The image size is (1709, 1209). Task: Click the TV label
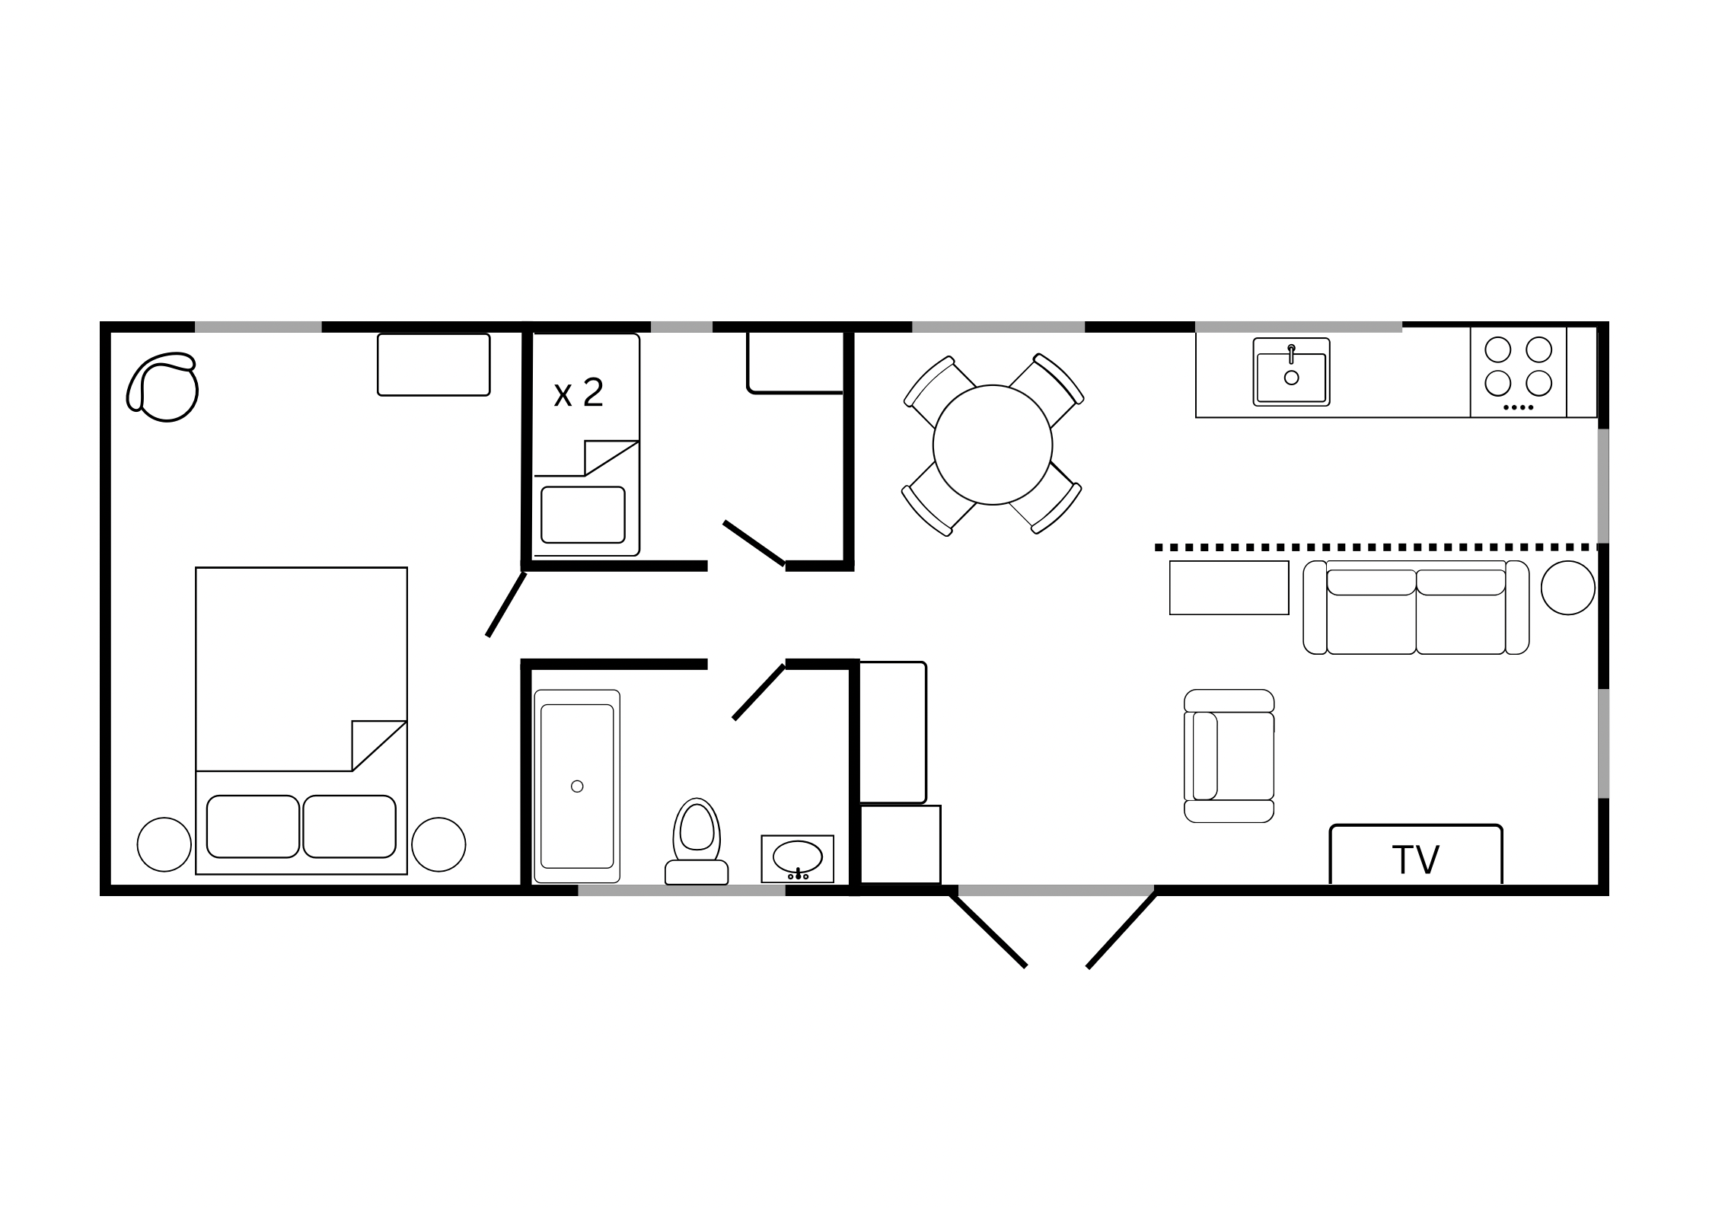pos(1415,860)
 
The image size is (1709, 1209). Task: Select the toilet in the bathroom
pos(697,841)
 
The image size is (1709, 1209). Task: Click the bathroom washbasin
pos(797,859)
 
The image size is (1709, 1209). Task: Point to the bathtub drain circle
pos(577,786)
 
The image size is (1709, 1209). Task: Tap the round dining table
pos(993,445)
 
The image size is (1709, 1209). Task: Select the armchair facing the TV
pos(1229,756)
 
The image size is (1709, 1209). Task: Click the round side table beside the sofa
pos(1568,588)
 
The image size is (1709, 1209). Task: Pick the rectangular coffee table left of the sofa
pos(1229,588)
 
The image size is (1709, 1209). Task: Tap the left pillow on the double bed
pos(253,826)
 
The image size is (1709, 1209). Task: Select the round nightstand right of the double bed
pos(438,844)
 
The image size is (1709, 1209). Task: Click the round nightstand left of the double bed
pos(164,844)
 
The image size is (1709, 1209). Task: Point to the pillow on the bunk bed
pos(582,515)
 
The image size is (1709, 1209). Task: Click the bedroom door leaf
pos(506,604)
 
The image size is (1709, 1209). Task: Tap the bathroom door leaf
pos(758,692)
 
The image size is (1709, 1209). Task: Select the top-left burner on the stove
pos(1498,349)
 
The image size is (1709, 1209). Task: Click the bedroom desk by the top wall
pos(434,365)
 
